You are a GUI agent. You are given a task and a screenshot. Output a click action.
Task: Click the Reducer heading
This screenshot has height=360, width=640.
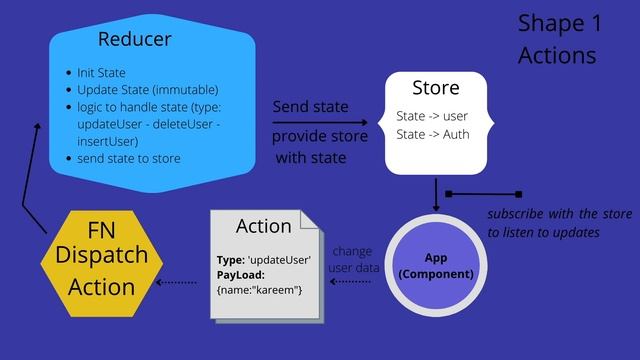click(134, 40)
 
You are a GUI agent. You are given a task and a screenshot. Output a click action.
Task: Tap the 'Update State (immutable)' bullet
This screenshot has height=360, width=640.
click(146, 90)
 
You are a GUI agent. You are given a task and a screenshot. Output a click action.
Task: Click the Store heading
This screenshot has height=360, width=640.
click(435, 88)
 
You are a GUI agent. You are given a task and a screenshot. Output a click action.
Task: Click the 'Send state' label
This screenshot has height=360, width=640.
click(310, 107)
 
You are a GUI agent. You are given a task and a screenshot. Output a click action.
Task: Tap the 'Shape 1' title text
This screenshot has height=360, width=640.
click(556, 23)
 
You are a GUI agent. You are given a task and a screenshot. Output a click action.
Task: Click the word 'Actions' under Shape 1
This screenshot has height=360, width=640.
click(556, 55)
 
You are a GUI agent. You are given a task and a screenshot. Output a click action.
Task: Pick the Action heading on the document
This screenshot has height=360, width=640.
click(263, 226)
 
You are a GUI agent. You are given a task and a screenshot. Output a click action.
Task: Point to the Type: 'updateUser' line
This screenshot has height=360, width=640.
click(263, 260)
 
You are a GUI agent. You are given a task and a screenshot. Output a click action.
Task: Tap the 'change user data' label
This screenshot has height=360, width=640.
click(352, 260)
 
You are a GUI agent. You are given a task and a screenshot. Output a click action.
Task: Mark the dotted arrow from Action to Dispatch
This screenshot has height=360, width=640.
click(177, 282)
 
